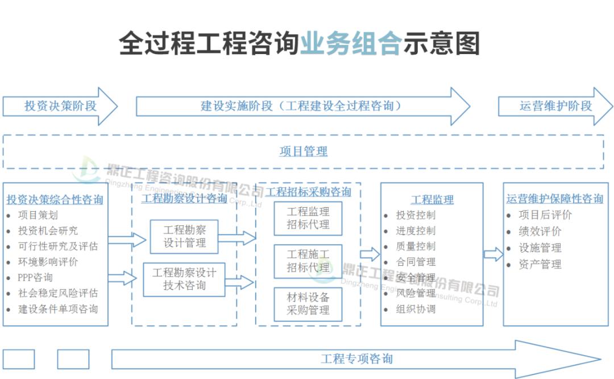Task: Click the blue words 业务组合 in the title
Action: pos(351,44)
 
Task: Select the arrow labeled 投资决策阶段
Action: pos(60,106)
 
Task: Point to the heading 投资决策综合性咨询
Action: pos(55,200)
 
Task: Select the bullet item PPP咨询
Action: pos(35,278)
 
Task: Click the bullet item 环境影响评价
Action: pos(48,262)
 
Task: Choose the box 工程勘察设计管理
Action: pos(184,237)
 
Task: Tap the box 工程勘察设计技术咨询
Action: pos(184,279)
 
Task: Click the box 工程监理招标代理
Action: pos(308,219)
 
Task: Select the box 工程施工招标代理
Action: pos(308,261)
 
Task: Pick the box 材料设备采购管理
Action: pos(308,304)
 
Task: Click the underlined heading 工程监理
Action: pos(432,200)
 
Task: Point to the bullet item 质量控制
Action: pos(416,246)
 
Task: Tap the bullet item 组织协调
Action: pos(416,309)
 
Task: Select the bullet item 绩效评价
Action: pos(540,232)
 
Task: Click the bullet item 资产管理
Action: pos(540,265)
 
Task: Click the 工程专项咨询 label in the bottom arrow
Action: pos(356,359)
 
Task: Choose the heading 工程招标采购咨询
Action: pos(309,192)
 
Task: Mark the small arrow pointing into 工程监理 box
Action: pos(370,254)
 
